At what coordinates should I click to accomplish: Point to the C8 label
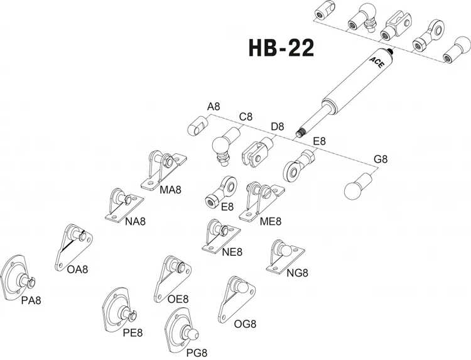coord(246,117)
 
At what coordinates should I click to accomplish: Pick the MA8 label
coord(170,189)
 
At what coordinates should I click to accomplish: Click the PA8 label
coord(31,300)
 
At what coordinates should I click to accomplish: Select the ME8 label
coord(271,221)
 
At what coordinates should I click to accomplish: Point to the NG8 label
coord(298,273)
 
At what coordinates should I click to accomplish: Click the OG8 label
coord(245,324)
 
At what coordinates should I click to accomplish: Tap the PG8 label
coord(197,352)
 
